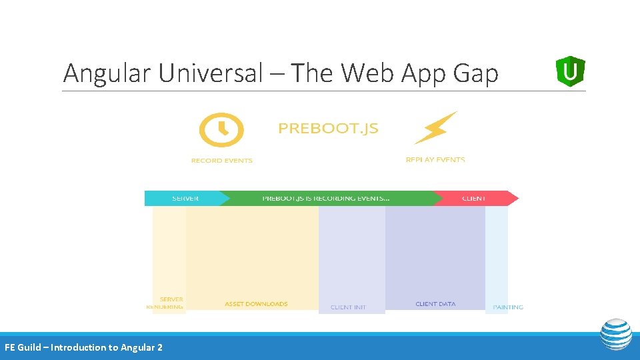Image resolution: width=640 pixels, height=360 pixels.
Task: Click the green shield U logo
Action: pos(570,71)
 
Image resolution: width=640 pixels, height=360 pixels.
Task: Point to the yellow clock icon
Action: pos(221,129)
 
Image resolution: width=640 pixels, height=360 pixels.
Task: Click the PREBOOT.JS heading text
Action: pos(328,129)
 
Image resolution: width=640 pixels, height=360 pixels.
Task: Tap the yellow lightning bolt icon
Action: pos(435,127)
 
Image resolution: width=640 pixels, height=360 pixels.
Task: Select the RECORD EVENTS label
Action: pos(221,161)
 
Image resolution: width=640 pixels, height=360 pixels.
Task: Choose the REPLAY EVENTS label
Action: pos(435,160)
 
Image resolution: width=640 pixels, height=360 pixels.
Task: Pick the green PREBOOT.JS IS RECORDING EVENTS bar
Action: pos(326,198)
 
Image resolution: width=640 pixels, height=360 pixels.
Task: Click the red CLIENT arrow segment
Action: pos(474,198)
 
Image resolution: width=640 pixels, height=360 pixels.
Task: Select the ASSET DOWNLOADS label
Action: pos(256,304)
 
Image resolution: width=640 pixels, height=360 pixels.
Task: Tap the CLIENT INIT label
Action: pos(348,307)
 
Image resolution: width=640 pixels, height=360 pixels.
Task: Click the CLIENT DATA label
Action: pos(435,304)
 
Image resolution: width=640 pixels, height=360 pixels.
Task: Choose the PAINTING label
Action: pos(508,307)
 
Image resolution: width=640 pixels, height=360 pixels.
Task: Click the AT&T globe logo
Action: pos(615,334)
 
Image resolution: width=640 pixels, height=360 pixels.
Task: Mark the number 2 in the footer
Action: pos(159,347)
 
